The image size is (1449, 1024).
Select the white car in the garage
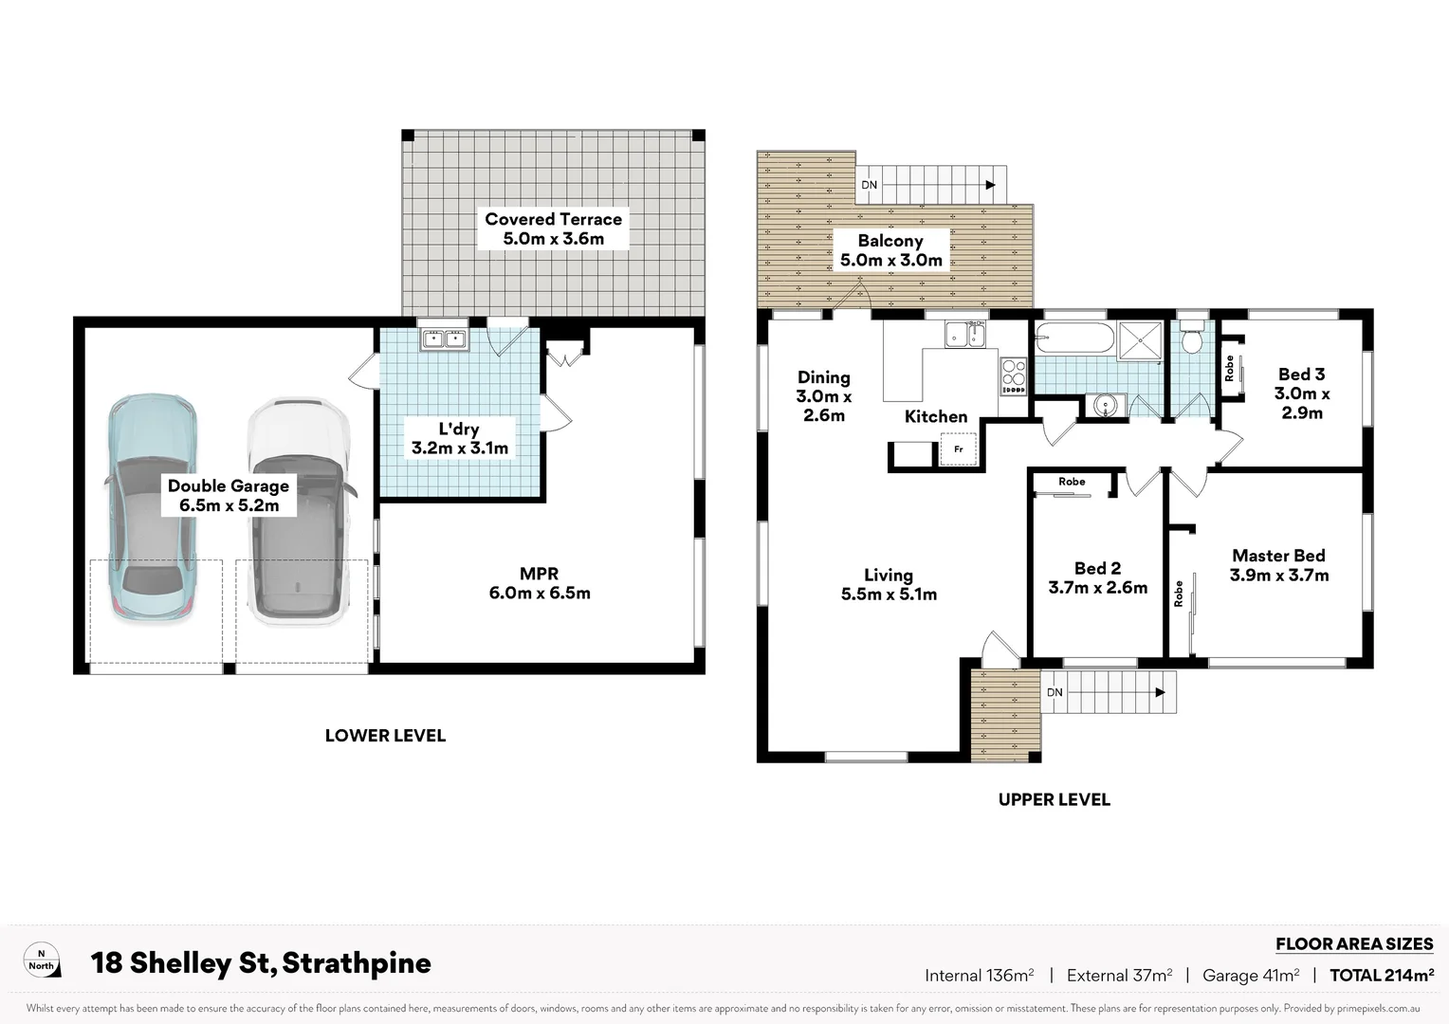click(298, 512)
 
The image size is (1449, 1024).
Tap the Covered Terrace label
click(553, 229)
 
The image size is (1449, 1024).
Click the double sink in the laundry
click(443, 338)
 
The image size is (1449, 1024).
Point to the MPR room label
click(540, 583)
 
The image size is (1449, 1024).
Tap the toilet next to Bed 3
click(1192, 338)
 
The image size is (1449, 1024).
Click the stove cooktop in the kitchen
click(1013, 375)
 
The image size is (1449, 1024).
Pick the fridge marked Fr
click(958, 449)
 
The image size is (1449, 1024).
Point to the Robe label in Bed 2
click(1072, 482)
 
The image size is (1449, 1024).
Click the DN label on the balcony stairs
click(869, 185)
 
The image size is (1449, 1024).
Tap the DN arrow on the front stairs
click(1158, 693)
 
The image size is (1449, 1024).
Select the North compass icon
click(41, 960)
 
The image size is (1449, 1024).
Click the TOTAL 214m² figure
click(1381, 975)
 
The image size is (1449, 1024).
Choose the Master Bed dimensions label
click(1278, 576)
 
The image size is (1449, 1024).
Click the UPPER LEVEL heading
click(1054, 799)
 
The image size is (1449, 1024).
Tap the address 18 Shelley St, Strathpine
click(261, 963)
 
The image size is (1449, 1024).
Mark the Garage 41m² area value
click(1250, 975)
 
